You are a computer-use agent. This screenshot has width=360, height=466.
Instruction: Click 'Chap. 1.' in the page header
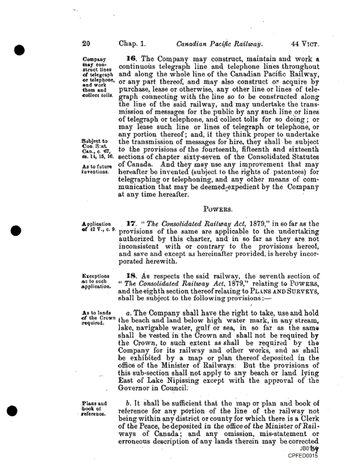coord(132,43)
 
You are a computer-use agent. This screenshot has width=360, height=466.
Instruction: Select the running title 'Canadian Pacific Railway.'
coord(219,43)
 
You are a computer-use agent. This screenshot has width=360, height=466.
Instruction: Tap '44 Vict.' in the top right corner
coord(305,43)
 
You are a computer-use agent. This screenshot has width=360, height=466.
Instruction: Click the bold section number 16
coord(131,59)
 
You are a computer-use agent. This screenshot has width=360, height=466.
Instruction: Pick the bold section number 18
coord(131,276)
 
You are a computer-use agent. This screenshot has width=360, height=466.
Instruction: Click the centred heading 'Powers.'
coord(217,211)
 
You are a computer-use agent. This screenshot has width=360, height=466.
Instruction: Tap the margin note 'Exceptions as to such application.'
coord(99,281)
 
